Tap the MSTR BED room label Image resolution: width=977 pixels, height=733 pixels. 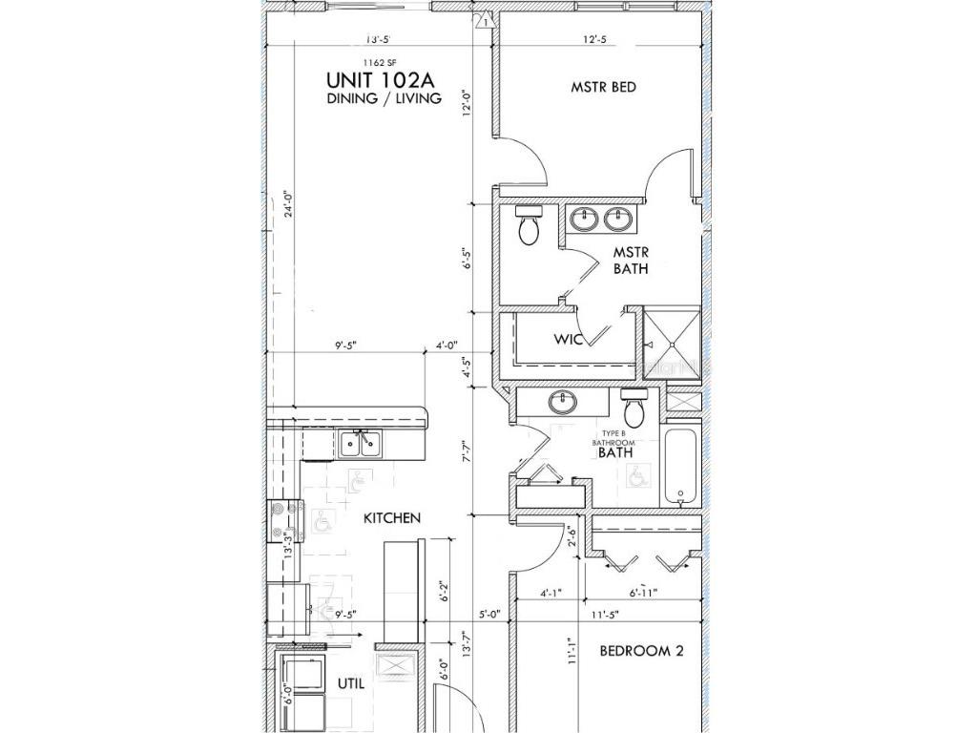[x=603, y=87]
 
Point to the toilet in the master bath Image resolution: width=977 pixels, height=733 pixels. [x=528, y=225]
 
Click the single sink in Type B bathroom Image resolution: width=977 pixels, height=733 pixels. [x=563, y=402]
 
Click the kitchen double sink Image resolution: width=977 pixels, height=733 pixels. [x=360, y=444]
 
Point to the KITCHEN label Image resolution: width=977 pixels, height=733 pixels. [x=391, y=518]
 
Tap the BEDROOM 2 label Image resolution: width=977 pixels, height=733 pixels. [x=641, y=652]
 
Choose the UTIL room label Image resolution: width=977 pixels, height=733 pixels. [x=351, y=684]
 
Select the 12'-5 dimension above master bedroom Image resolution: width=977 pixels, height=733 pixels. [x=595, y=39]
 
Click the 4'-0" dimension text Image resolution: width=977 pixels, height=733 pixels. [x=448, y=346]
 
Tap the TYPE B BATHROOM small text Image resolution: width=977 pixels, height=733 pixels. [x=608, y=439]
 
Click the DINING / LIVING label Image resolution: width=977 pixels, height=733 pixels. [x=384, y=98]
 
